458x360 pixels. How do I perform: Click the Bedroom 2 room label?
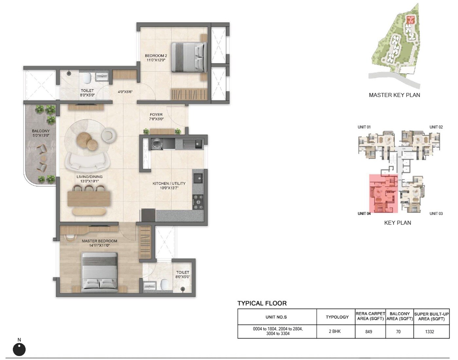point(156,56)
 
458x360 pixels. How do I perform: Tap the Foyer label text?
point(156,115)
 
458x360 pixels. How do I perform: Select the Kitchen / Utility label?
point(169,184)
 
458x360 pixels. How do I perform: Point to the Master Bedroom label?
point(99,241)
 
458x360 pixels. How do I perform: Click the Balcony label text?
point(41,131)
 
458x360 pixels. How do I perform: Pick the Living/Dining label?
point(89,177)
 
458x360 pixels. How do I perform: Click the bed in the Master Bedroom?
point(99,271)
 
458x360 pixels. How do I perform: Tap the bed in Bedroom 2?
point(189,57)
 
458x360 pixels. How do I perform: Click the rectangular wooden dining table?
point(89,198)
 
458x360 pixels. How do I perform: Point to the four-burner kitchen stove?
point(198,202)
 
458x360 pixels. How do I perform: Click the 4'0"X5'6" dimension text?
point(125,92)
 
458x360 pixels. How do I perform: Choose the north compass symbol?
point(19,349)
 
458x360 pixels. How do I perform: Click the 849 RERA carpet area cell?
point(369,332)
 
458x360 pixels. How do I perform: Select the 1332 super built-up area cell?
point(430,332)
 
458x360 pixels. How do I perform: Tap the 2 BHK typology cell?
point(335,332)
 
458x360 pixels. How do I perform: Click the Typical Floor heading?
point(262,303)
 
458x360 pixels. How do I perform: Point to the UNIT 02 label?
point(436,127)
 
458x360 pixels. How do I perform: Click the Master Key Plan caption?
point(394,95)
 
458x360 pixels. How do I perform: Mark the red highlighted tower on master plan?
point(410,20)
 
